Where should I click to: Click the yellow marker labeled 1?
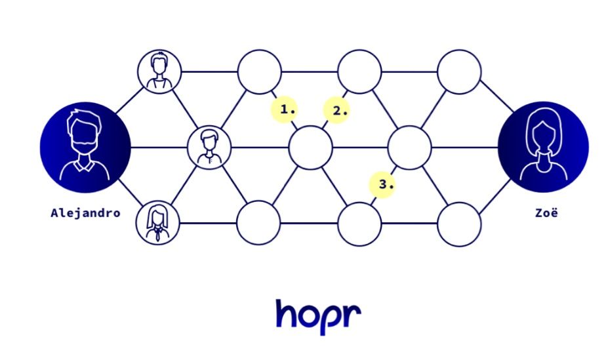coord(286,109)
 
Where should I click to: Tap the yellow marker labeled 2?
coord(337,110)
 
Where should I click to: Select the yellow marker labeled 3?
coord(382,184)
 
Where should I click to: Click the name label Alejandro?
coord(85,213)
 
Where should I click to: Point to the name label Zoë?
coord(544,213)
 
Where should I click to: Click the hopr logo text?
coord(318,315)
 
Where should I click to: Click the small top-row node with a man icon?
coord(159,71)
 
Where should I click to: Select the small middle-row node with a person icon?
coord(209,148)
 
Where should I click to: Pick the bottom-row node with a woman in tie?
coord(158,223)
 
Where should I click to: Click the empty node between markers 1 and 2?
coord(310,148)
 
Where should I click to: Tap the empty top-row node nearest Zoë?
coord(459,71)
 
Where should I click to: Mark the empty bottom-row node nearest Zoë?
coord(459,224)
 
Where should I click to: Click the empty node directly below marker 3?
coord(359,224)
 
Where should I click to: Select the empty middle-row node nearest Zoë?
coord(410,148)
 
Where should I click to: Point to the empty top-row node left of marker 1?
coord(259,71)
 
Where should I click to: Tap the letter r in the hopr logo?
coord(353,315)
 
